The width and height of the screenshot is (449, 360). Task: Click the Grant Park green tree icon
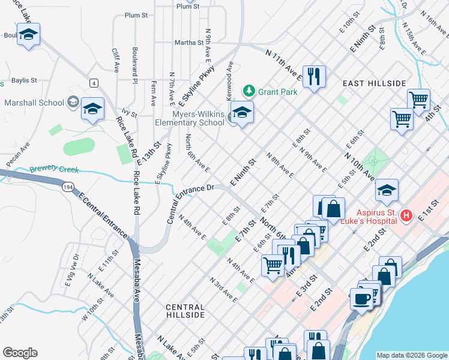pyautogui.click(x=249, y=91)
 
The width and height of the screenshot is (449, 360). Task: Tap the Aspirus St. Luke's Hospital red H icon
pyautogui.click(x=406, y=215)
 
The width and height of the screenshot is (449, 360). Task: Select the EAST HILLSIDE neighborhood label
pyautogui.click(x=374, y=83)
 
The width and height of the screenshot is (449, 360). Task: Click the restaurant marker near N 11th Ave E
pyautogui.click(x=314, y=77)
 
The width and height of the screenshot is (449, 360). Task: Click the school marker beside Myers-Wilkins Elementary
pyautogui.click(x=242, y=113)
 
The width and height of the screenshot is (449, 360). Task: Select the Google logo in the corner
pyautogui.click(x=20, y=353)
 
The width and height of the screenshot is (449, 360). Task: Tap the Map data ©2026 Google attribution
pyautogui.click(x=411, y=355)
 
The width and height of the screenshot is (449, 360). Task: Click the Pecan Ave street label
pyautogui.click(x=18, y=154)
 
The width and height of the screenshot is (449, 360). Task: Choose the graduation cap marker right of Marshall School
pyautogui.click(x=92, y=109)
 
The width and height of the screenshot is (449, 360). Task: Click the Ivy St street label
pyautogui.click(x=126, y=112)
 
